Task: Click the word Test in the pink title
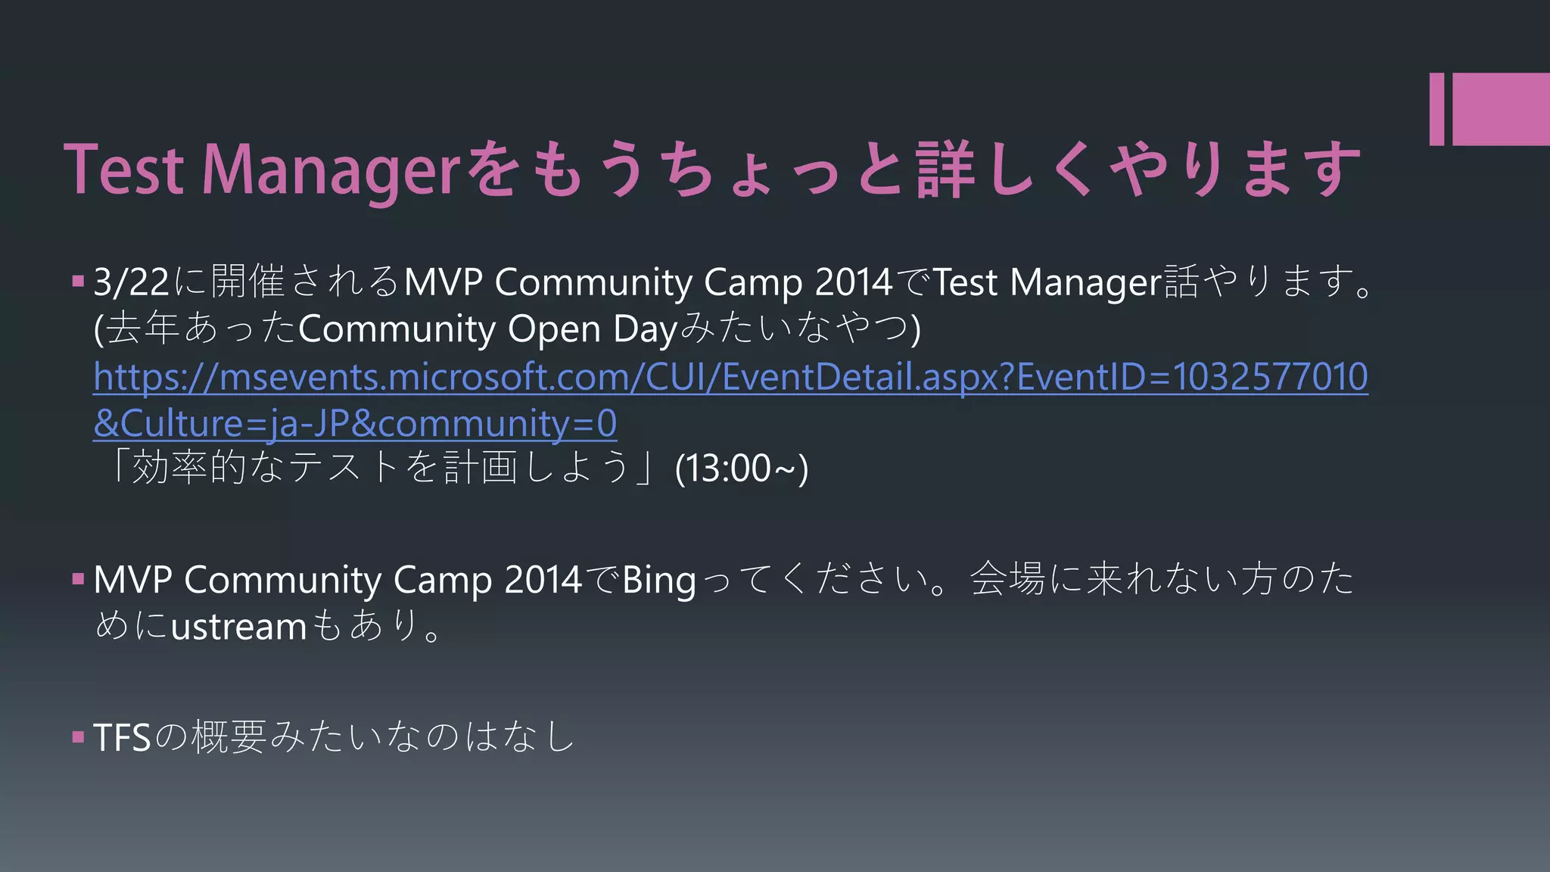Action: click(123, 170)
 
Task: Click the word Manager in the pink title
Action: click(331, 170)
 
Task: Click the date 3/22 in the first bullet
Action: click(131, 282)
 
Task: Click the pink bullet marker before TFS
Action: click(78, 737)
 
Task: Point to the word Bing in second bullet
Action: click(658, 581)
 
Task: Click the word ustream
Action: click(238, 628)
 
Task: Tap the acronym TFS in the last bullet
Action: click(121, 737)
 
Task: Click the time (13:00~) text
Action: click(741, 469)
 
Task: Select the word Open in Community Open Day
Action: click(554, 329)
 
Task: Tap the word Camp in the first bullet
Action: click(752, 282)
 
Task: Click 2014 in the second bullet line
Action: click(543, 581)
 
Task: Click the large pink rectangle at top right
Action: click(1501, 108)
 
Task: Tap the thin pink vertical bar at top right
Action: click(1436, 108)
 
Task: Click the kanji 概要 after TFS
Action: click(229, 737)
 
